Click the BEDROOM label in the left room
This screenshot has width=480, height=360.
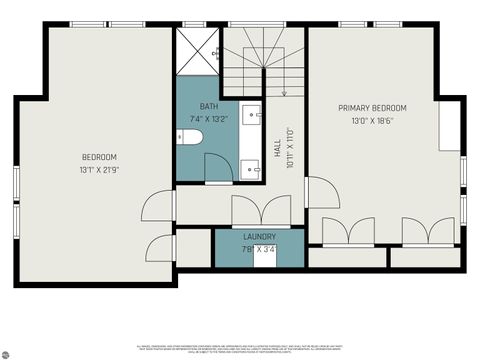tap(99, 157)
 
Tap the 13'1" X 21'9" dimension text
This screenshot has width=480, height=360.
tap(99, 170)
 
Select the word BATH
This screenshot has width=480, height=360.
tap(208, 106)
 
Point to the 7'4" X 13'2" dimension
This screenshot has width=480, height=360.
tap(209, 119)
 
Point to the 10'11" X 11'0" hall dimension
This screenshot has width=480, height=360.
tap(290, 148)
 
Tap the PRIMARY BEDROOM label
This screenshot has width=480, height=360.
tap(372, 108)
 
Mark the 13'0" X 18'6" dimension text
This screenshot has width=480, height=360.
tap(372, 121)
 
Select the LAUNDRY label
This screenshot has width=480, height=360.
tap(259, 236)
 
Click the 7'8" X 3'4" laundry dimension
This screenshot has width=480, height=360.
tap(259, 249)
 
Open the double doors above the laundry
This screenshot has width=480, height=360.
tap(260, 212)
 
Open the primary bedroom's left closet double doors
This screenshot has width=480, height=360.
tap(348, 231)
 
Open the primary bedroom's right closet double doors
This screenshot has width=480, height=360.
tap(428, 231)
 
